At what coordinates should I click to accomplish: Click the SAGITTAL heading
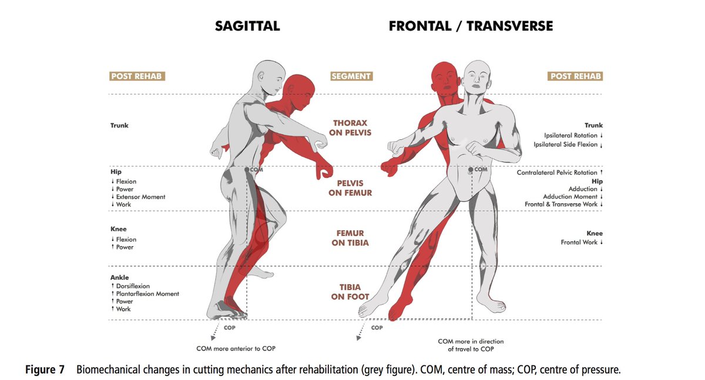(x=247, y=26)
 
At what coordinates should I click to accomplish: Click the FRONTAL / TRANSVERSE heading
(x=470, y=26)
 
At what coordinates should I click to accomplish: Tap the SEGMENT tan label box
(x=351, y=76)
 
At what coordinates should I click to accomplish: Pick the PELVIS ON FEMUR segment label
(x=351, y=188)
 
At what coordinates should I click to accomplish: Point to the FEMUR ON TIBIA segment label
(x=351, y=237)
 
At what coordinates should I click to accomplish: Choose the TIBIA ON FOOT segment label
(x=351, y=292)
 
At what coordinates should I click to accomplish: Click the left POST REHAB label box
(x=137, y=76)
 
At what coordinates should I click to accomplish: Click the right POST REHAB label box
(x=575, y=76)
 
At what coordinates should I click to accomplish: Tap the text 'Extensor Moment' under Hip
(x=140, y=197)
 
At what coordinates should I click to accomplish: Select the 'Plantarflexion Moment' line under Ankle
(x=147, y=294)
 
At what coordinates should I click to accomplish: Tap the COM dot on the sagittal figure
(x=247, y=169)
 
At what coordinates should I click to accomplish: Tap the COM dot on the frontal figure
(x=471, y=170)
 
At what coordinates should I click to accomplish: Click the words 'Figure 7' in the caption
(x=45, y=370)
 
